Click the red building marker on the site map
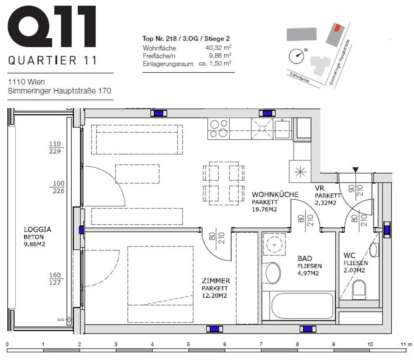[337, 27]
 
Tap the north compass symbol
[296, 56]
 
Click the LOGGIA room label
[37, 229]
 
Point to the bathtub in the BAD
[302, 306]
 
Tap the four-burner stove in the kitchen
[218, 129]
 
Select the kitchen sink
[282, 129]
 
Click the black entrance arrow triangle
[356, 170]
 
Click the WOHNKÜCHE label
[275, 194]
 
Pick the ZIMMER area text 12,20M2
[214, 296]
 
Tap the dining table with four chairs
[223, 183]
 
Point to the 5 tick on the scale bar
[188, 344]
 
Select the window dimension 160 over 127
[55, 279]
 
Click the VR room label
[319, 188]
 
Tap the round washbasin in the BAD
[274, 245]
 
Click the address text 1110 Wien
[26, 82]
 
